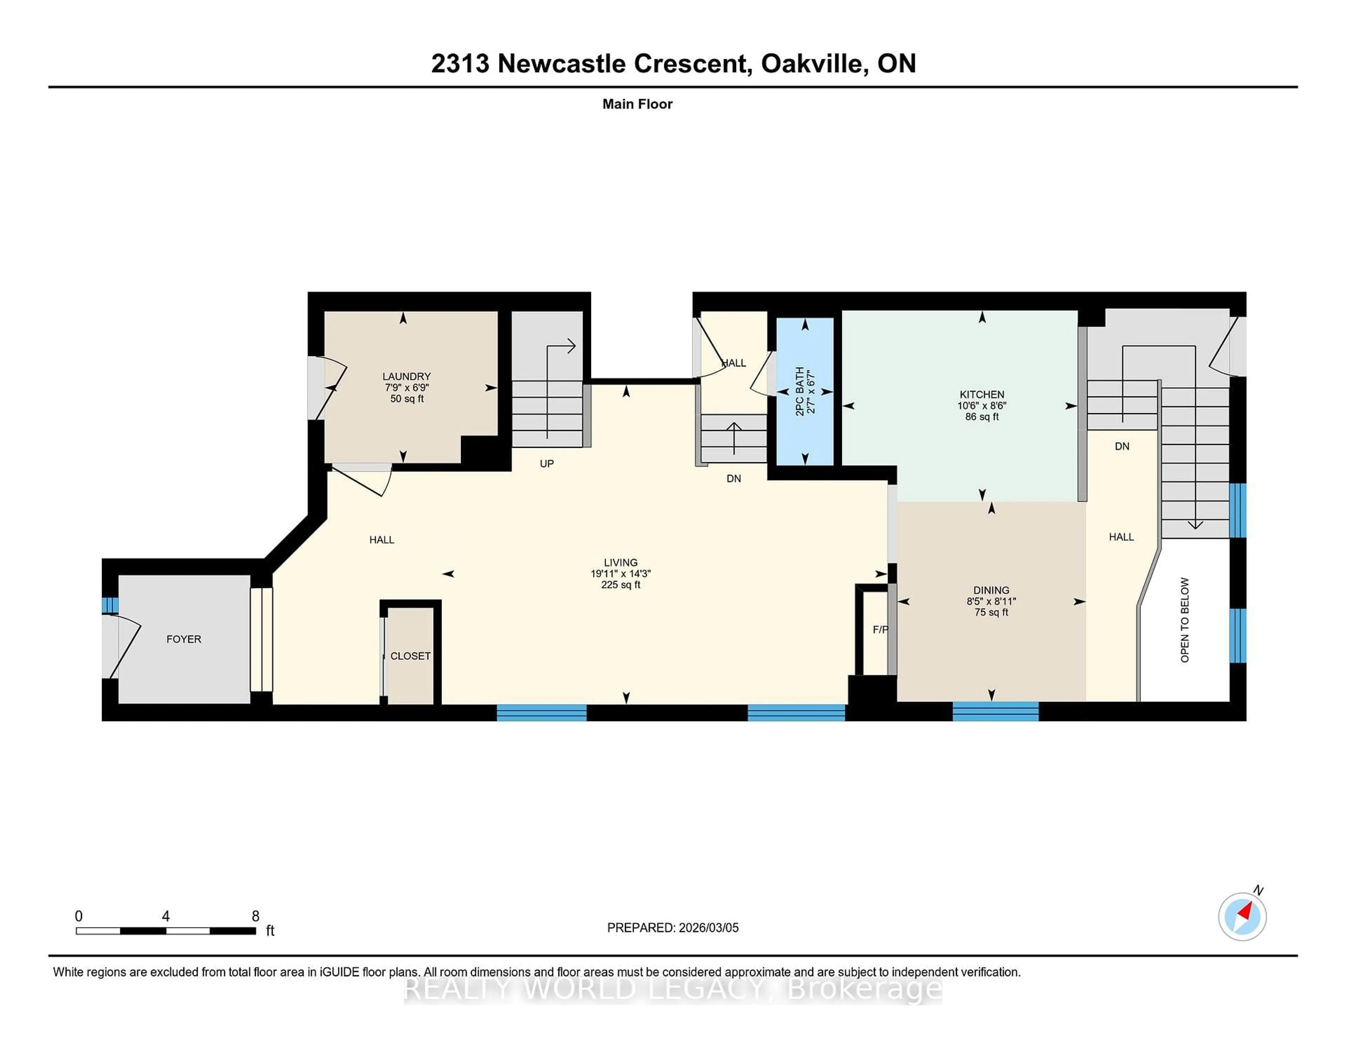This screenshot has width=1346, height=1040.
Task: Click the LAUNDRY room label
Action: tap(406, 376)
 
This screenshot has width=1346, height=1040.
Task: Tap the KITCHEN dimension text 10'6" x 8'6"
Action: tap(982, 405)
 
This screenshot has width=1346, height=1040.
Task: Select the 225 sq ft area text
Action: tap(621, 585)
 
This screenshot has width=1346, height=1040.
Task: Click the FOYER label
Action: tap(184, 639)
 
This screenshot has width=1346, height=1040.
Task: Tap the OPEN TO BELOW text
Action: tap(1184, 620)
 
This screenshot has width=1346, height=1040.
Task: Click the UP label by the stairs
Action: tap(547, 463)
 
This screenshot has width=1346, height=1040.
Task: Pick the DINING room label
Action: tap(991, 590)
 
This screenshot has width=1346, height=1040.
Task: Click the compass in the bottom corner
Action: tap(1242, 916)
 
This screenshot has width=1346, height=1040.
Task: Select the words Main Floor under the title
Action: tap(637, 104)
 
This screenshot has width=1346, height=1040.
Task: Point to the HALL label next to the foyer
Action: tap(381, 540)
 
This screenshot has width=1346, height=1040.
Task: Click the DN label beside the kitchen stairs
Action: tap(1122, 446)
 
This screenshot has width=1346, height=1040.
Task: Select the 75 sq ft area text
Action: tap(991, 613)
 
